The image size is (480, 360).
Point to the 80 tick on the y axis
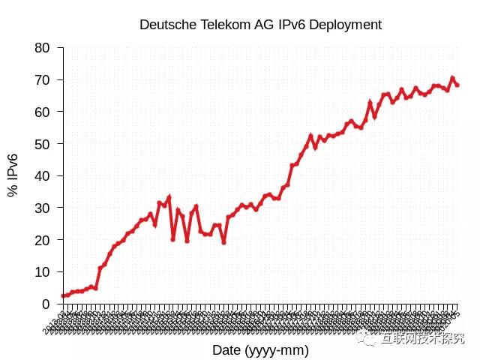43,48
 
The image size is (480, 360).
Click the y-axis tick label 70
43,80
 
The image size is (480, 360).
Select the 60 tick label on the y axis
43,112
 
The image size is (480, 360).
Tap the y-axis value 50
43,144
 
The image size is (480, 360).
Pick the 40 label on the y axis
43,176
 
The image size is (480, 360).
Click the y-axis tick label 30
43,208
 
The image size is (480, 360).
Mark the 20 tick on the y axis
43,240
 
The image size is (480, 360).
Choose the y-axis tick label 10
43,272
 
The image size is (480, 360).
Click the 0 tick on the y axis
46,304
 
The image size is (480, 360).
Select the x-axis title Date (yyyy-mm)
260,349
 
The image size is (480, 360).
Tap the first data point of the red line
64,295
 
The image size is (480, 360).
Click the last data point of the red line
457,85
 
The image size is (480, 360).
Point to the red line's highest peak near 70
452,78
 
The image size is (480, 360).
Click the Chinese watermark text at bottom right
423,339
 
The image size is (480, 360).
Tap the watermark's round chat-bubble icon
369,339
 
